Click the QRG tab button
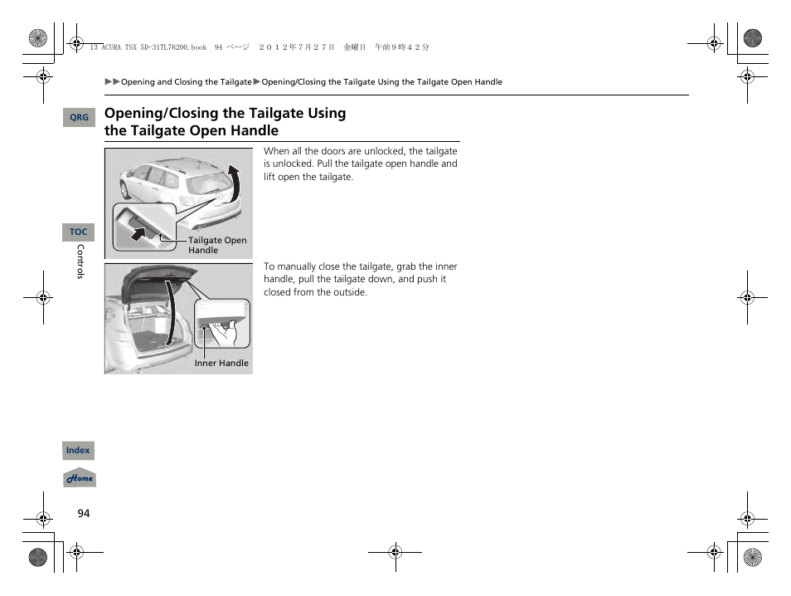[x=79, y=118]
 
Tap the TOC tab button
[x=78, y=232]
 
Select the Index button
[x=78, y=451]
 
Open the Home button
[x=80, y=479]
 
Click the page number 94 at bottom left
[x=83, y=514]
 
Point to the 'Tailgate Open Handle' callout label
[x=216, y=245]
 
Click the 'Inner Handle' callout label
[x=221, y=363]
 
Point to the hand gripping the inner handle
[x=227, y=335]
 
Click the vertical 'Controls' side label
[x=80, y=261]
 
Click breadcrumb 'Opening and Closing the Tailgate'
[x=186, y=82]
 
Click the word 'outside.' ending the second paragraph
[x=349, y=292]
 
